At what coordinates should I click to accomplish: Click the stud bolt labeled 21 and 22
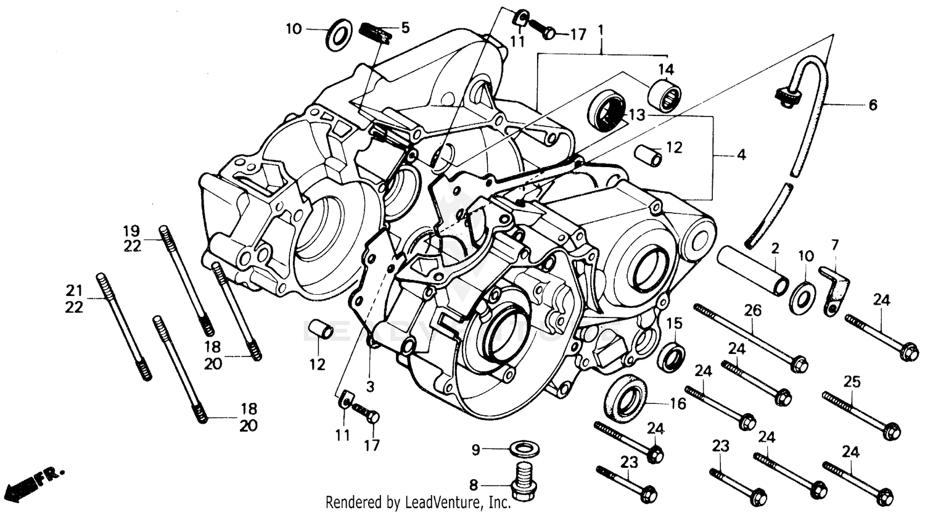[x=123, y=326]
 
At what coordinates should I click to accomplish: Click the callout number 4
[x=741, y=155]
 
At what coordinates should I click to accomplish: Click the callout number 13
[x=636, y=116]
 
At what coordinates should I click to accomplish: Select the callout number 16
[x=678, y=404]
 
